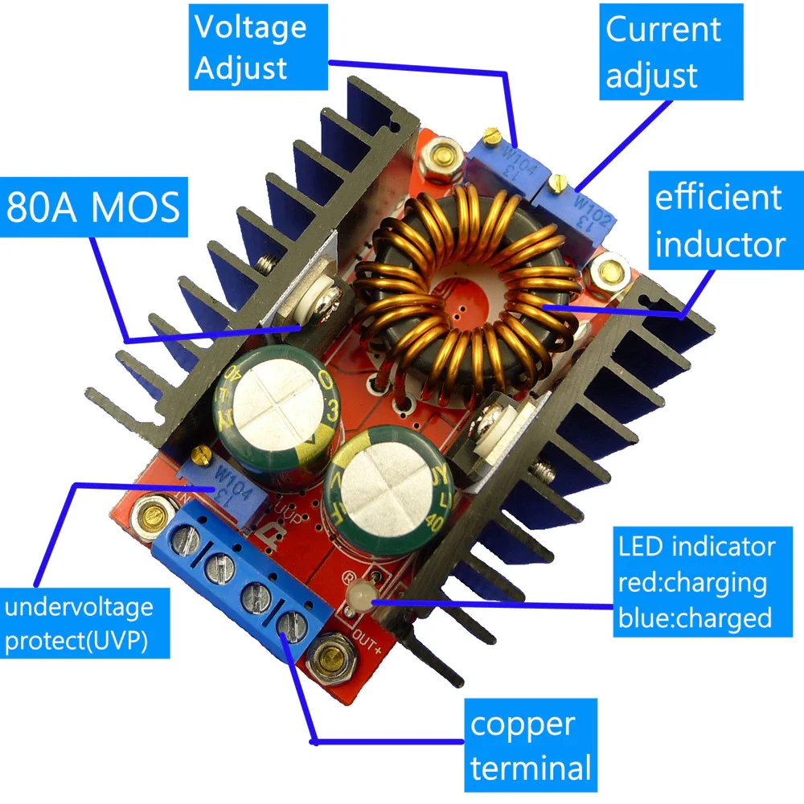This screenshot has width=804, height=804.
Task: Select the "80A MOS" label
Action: [x=93, y=207]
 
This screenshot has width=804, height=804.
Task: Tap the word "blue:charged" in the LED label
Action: [x=695, y=617]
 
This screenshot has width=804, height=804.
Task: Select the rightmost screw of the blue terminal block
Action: [x=292, y=624]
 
